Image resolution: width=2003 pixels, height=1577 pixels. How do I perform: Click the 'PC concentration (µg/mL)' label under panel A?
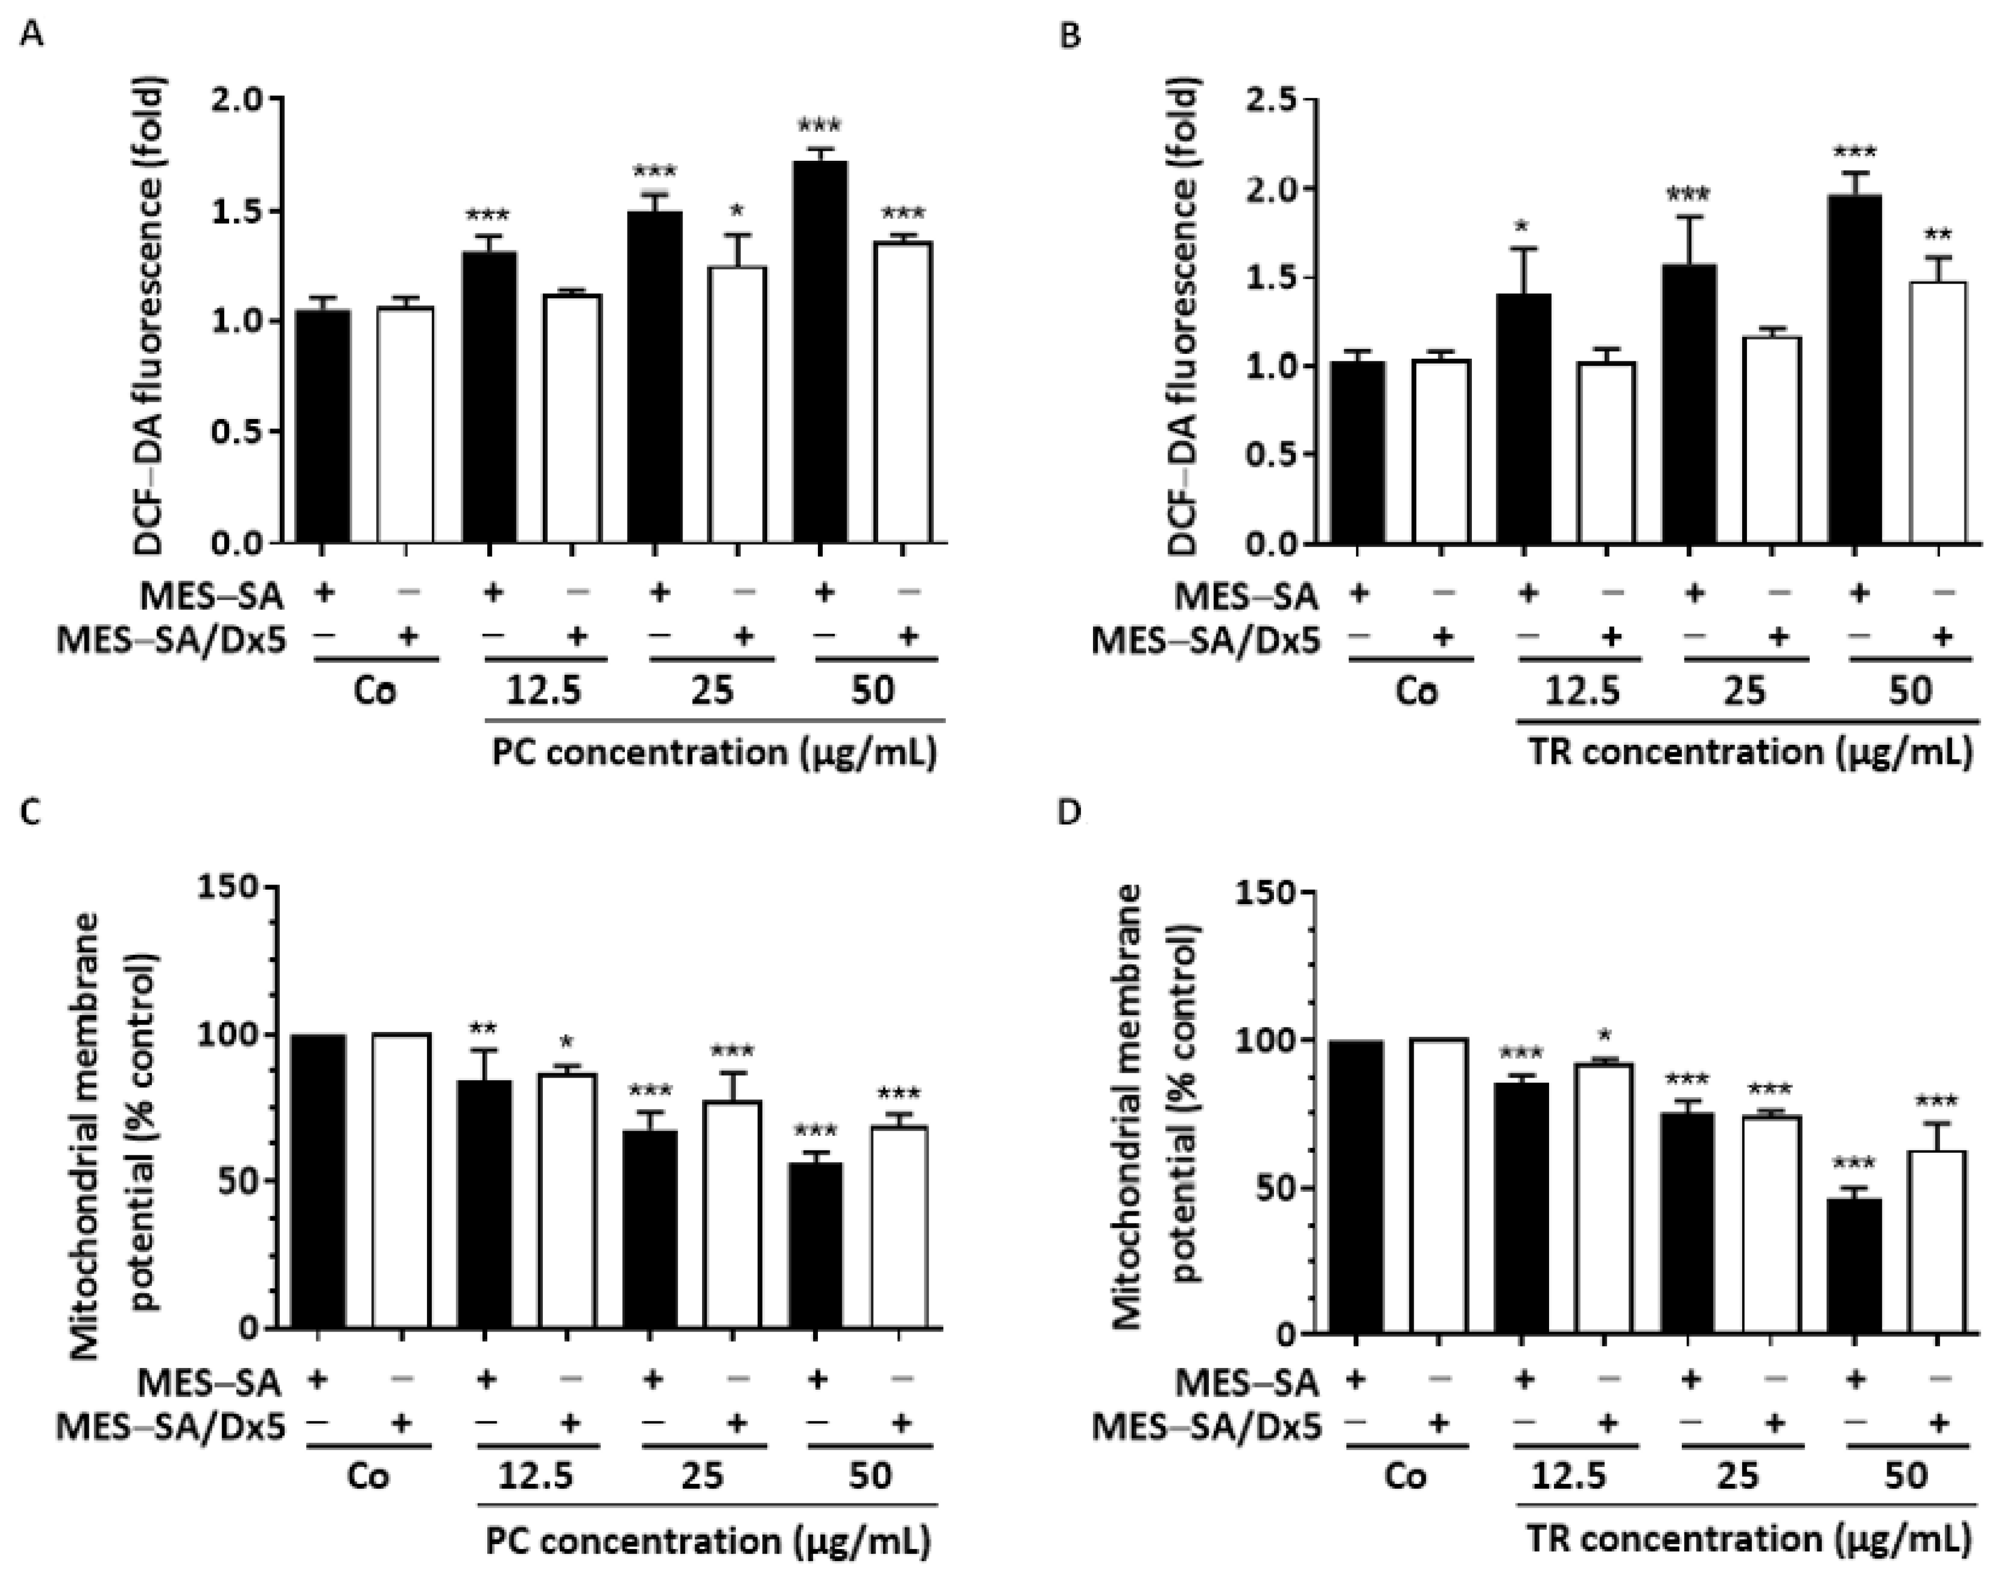tap(713, 752)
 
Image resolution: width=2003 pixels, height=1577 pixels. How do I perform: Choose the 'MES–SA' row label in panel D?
tap(1246, 1383)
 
